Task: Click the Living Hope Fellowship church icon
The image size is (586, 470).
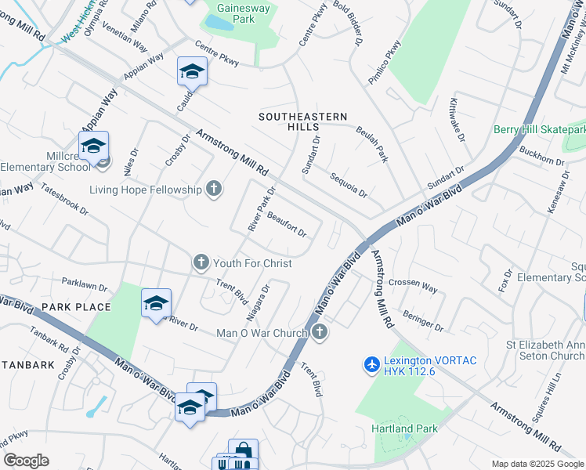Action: click(213, 189)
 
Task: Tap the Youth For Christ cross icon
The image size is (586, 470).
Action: click(201, 263)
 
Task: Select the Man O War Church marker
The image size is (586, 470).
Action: click(318, 334)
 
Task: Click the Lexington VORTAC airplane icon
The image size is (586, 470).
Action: click(373, 364)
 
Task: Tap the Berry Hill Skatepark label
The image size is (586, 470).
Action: click(539, 129)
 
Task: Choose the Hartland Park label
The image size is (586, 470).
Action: click(404, 428)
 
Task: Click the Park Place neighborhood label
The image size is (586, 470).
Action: click(76, 306)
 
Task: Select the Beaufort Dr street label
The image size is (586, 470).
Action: click(286, 225)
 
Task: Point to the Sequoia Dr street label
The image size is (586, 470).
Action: click(349, 186)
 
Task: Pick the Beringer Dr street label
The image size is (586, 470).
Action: click(423, 320)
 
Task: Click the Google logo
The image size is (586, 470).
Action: click(26, 461)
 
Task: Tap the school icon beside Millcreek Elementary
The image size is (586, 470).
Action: click(93, 146)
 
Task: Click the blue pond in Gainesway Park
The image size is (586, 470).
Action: click(221, 23)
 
